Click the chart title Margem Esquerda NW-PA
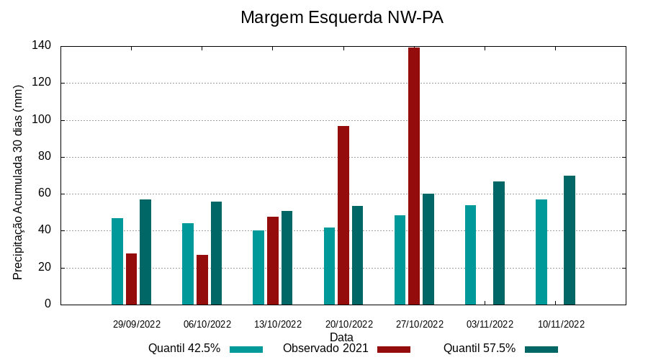(x=341, y=17)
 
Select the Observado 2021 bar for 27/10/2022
(x=414, y=176)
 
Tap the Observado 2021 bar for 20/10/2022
(x=343, y=215)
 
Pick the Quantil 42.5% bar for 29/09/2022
(x=117, y=261)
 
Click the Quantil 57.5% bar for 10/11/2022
(x=570, y=240)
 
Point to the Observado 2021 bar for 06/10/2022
(x=202, y=279)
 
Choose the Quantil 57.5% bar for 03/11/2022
(x=499, y=243)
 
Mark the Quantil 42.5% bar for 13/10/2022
(x=258, y=267)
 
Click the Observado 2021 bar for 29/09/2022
(x=131, y=279)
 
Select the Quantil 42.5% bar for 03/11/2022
(x=471, y=255)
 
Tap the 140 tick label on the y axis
(x=41, y=46)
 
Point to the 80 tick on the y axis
(x=45, y=157)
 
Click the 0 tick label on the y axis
(x=48, y=304)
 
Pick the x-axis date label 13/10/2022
(x=278, y=324)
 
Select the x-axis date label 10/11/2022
(x=561, y=324)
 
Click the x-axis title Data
(x=341, y=337)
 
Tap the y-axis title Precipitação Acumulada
(x=19, y=182)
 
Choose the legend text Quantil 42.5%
(x=184, y=348)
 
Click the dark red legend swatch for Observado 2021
(x=393, y=349)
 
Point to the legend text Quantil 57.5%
(x=480, y=348)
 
